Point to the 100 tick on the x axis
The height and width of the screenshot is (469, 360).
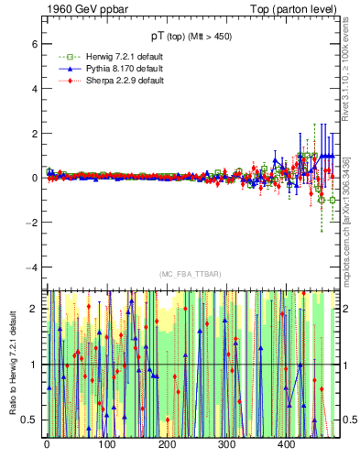point(106,444)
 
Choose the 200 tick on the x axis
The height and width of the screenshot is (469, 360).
point(167,444)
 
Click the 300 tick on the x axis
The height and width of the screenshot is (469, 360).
point(226,444)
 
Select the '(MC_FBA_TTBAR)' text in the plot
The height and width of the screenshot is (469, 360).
point(188,275)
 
